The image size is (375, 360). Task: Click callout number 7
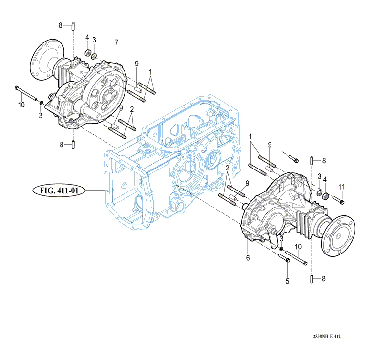click(117, 42)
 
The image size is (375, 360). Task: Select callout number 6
click(248, 257)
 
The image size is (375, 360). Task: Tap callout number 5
click(287, 281)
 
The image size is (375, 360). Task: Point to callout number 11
click(342, 186)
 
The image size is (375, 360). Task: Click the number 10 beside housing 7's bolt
click(21, 105)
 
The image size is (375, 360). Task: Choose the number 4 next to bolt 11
click(325, 180)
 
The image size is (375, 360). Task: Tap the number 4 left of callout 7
click(87, 38)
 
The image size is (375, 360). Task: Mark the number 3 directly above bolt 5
click(282, 238)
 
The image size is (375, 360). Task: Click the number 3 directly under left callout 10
click(41, 115)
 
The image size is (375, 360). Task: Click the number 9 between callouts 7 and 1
click(137, 64)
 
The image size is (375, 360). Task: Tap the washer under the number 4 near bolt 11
click(325, 196)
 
